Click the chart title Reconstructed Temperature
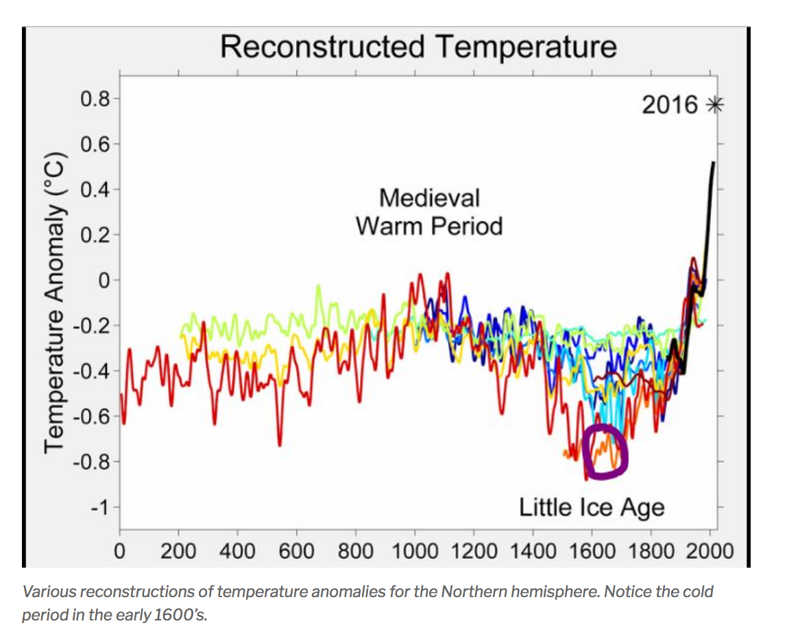point(418,47)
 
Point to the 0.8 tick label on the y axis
point(94,99)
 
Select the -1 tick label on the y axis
point(99,507)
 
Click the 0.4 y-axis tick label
point(94,189)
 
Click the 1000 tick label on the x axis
point(415,551)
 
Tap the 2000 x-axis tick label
point(710,551)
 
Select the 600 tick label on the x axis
point(297,551)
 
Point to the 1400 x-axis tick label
point(533,551)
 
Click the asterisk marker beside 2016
point(715,105)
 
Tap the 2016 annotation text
point(670,105)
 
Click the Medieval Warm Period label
point(429,212)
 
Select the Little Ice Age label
point(592,507)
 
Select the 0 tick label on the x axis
point(120,551)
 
